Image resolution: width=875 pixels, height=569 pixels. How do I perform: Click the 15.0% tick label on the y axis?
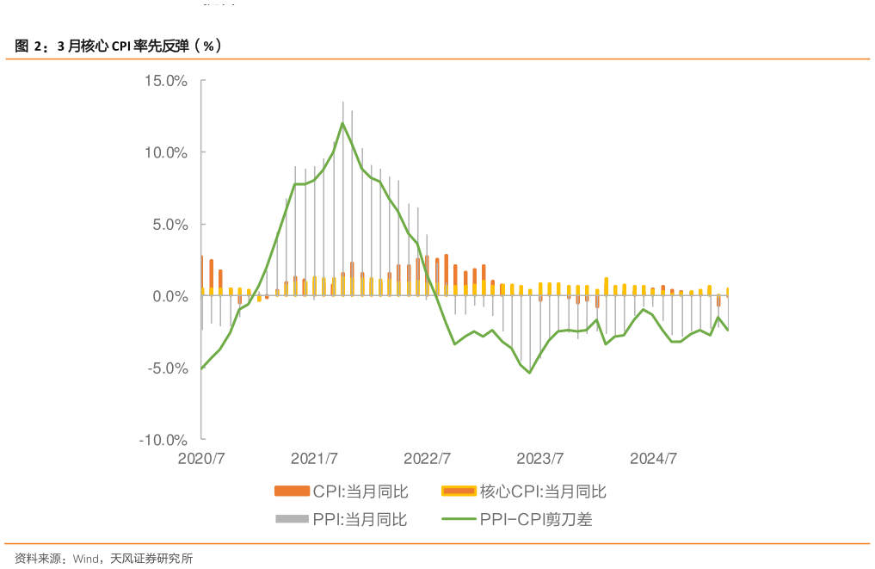click(165, 81)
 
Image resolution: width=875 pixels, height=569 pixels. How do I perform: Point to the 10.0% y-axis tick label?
click(165, 152)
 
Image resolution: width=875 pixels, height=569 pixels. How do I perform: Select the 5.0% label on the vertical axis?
click(169, 225)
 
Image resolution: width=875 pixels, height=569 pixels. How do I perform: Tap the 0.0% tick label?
click(169, 296)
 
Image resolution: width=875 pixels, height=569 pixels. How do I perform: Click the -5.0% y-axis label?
click(167, 368)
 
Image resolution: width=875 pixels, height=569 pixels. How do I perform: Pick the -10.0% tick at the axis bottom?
click(163, 440)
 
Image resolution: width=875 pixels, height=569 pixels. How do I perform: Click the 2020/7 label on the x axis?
click(200, 459)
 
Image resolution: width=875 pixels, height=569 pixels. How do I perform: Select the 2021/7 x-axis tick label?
click(314, 459)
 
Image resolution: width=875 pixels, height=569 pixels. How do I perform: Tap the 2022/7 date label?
click(428, 459)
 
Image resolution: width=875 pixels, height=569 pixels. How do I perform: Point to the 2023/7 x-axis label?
click(540, 459)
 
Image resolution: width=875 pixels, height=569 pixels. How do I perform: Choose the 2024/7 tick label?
click(654, 459)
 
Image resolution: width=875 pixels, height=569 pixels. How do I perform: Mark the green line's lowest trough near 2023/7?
click(529, 373)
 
